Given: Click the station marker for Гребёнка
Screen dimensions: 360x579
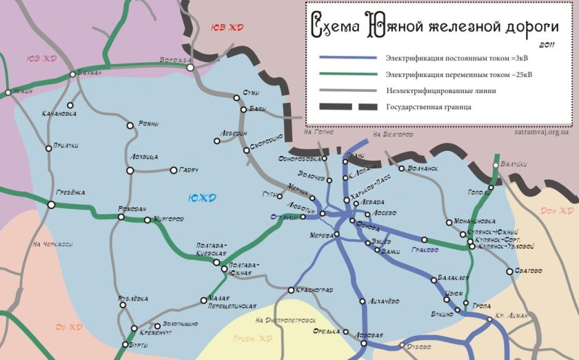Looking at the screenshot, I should click(51, 205).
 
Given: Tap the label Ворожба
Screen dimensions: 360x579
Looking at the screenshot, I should click(175, 60).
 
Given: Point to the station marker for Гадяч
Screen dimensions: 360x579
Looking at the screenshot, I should click(173, 170).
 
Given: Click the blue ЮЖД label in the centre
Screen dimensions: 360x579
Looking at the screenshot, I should click(201, 199).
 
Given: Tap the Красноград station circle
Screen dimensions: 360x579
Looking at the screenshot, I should click(292, 290).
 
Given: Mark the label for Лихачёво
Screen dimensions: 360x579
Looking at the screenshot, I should click(384, 301).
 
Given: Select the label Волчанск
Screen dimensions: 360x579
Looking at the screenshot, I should click(423, 168).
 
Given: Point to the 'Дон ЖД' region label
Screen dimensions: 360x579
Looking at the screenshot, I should click(557, 210).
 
